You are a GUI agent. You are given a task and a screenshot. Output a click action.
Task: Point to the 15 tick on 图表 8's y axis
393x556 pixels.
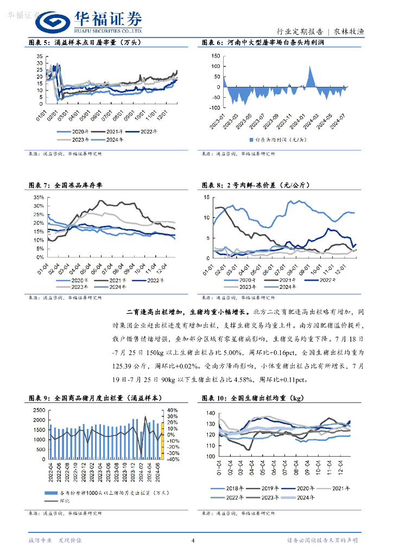point(206,198)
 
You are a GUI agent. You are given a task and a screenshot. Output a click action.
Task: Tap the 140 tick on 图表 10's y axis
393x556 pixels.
point(209,414)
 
